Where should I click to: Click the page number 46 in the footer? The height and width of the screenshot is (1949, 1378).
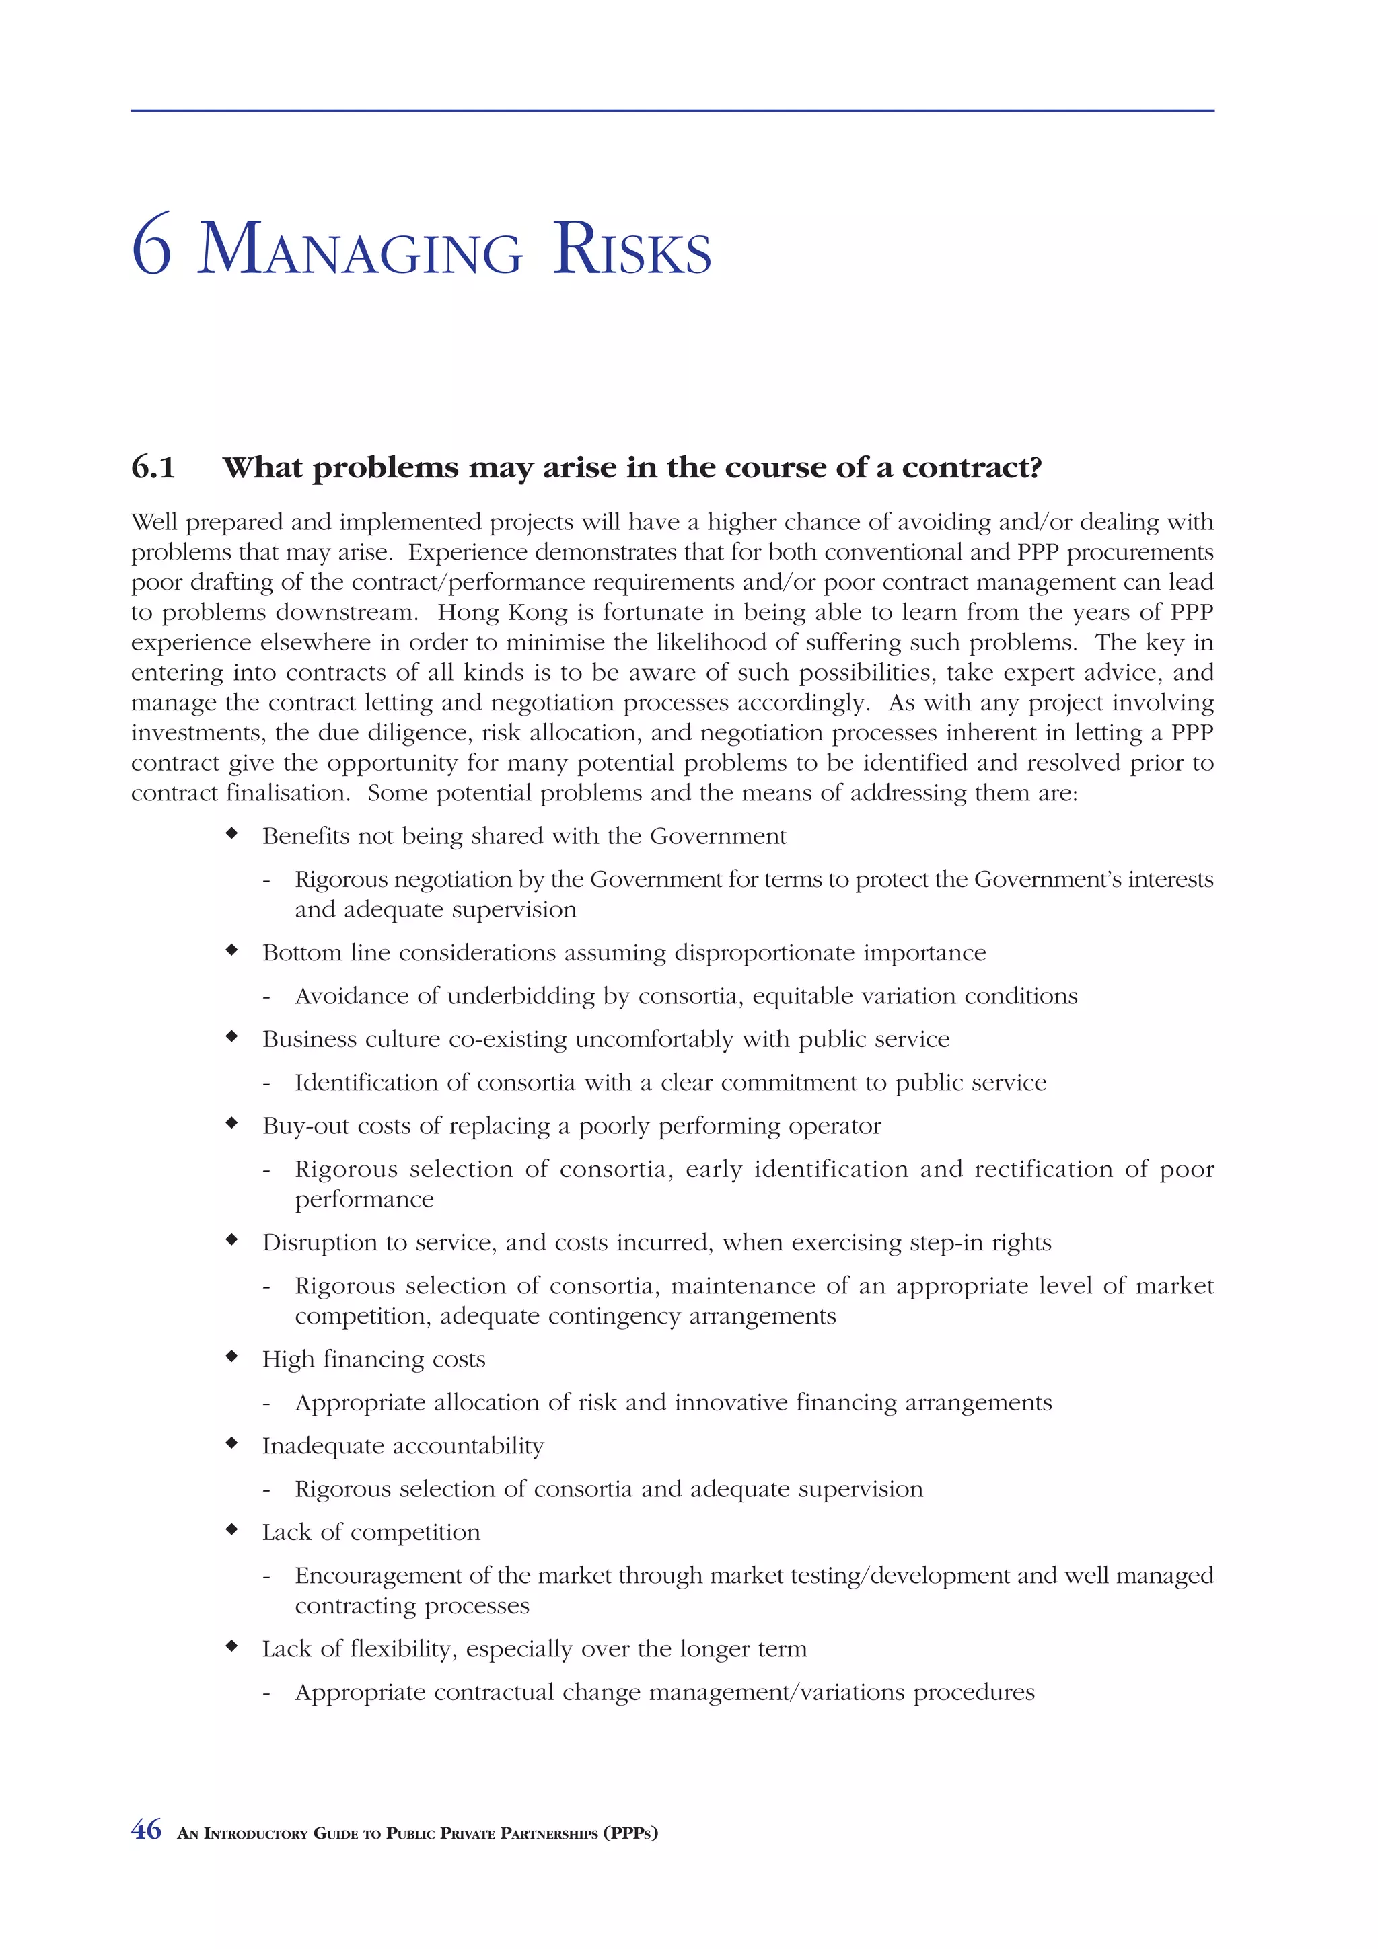[x=146, y=1829]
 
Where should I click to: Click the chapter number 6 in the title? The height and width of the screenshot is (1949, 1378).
[x=152, y=248]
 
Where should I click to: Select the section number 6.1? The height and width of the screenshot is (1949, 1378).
[x=153, y=467]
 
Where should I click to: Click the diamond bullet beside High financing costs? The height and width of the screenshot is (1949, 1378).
[x=231, y=1356]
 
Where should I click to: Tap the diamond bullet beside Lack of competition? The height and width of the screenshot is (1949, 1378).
[x=231, y=1529]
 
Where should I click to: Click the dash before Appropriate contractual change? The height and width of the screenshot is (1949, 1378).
[x=266, y=1693]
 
